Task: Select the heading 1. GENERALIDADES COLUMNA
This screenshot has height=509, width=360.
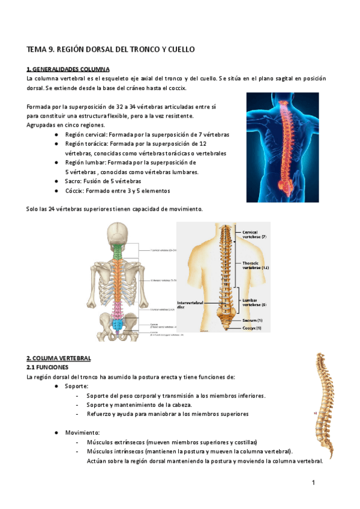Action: coord(68,69)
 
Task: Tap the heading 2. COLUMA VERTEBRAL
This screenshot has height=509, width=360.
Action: coord(59,358)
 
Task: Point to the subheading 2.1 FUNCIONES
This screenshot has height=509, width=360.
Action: coord(47,366)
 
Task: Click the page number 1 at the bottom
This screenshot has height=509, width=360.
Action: coord(313,483)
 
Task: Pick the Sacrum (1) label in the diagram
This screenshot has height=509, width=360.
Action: coord(253,320)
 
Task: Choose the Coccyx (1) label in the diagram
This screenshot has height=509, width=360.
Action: coord(253,328)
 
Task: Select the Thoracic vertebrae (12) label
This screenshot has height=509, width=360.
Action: coord(255,265)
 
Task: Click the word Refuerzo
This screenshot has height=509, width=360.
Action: coord(100,414)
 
